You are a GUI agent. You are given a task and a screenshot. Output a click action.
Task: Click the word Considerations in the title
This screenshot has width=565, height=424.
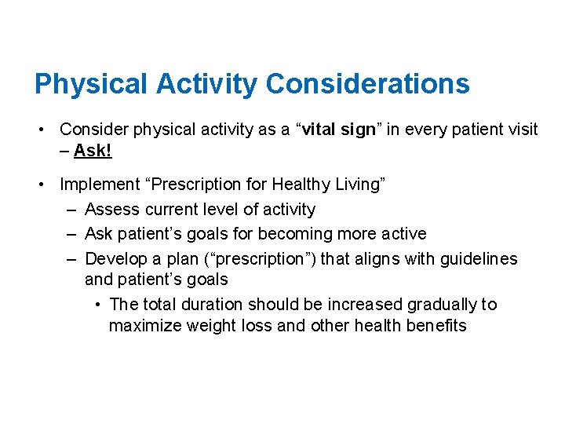pos(368,84)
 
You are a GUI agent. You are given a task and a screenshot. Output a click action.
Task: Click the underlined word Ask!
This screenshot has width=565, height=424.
pos(93,151)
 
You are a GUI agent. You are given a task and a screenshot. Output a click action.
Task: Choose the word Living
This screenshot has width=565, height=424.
pos(360,185)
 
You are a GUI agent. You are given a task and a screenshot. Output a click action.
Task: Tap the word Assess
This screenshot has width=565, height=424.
pos(111,210)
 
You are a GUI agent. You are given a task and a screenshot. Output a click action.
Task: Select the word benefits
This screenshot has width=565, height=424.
pos(436,326)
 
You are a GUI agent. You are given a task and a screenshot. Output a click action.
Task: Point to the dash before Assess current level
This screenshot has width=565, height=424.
pos(71,210)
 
